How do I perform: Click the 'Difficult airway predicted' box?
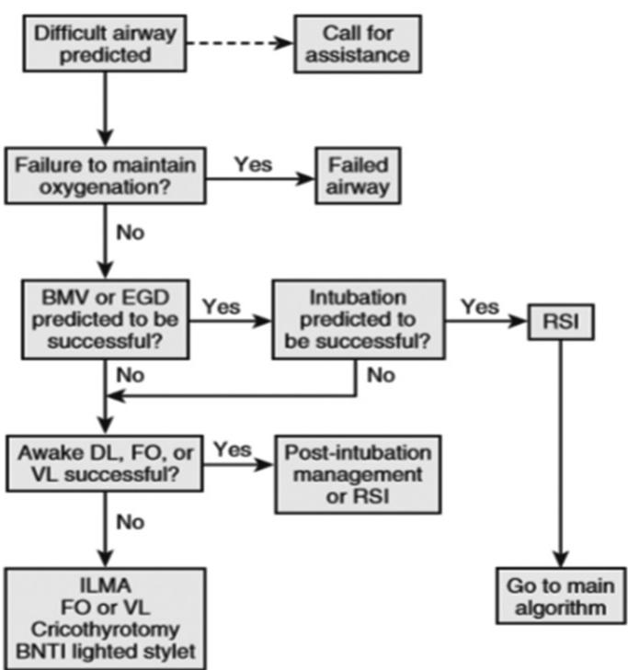[103, 43]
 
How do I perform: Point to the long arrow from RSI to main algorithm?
[560, 450]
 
